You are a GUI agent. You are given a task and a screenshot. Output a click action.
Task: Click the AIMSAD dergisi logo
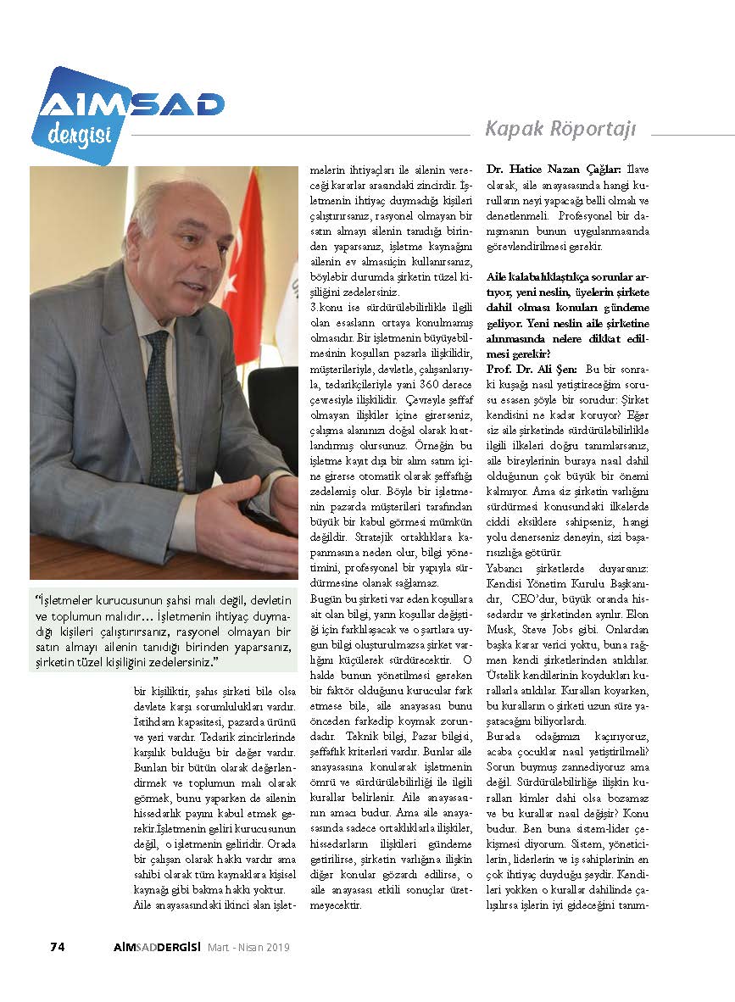click(127, 114)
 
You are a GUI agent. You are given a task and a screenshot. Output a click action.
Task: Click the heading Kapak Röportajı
click(560, 129)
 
